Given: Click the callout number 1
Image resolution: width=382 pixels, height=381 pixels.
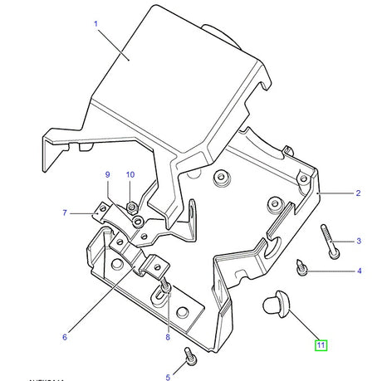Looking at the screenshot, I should [96, 24].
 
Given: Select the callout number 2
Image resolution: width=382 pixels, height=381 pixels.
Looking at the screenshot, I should [358, 193].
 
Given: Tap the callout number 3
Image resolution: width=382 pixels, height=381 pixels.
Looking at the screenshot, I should [359, 242].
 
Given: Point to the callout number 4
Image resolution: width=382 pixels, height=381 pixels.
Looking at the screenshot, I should [359, 271].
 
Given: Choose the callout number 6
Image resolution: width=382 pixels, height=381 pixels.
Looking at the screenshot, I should [63, 336].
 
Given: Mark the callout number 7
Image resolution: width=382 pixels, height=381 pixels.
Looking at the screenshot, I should [64, 213].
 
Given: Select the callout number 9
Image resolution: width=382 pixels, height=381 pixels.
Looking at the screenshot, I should [107, 174].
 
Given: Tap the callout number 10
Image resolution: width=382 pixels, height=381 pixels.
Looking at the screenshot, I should [130, 174].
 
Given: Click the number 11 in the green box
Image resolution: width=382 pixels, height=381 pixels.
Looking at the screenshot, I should [320, 344].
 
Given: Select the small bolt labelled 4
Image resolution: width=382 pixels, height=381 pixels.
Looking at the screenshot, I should [302, 267].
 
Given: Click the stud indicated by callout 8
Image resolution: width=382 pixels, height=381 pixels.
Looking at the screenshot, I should [166, 286].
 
